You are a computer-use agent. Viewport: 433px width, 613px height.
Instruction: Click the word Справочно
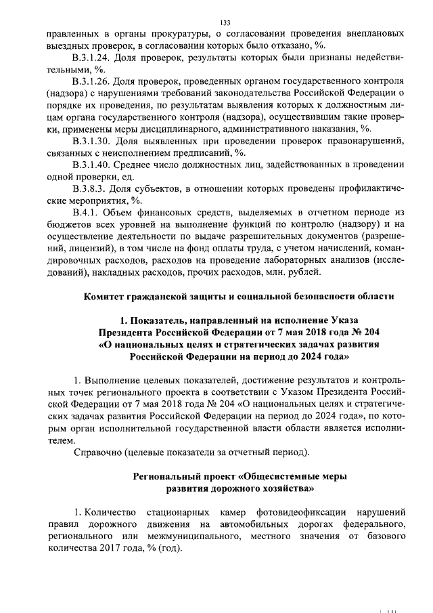point(97,452)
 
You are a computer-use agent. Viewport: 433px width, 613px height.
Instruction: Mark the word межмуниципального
point(189,536)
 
